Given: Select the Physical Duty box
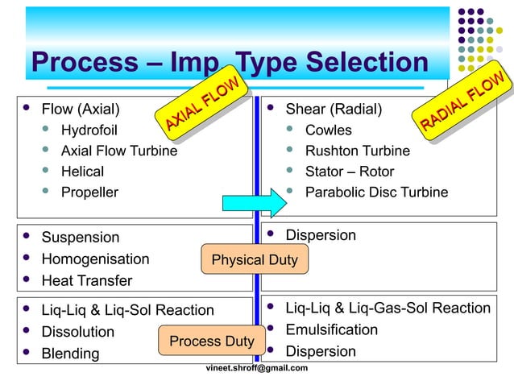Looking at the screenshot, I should [254, 259].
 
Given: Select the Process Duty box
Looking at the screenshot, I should [211, 341].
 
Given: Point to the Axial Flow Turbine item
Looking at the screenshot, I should [119, 151].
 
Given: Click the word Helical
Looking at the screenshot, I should [83, 172].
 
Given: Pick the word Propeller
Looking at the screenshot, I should [89, 192].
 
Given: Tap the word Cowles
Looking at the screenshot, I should [328, 130].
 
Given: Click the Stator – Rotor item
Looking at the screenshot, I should [350, 172].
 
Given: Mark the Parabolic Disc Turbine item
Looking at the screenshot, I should [376, 192].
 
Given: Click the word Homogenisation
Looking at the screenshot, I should [95, 259].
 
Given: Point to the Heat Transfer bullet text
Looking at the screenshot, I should [87, 281].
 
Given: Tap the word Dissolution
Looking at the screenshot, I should [78, 332].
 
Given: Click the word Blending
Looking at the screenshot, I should [71, 354].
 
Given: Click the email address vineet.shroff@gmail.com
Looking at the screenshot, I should [257, 368].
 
